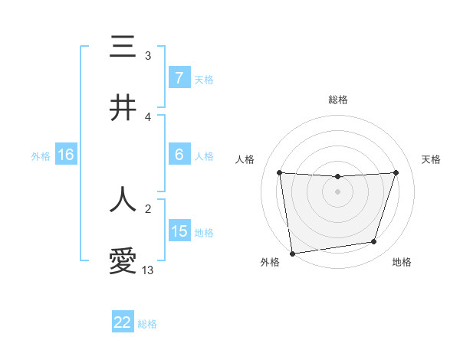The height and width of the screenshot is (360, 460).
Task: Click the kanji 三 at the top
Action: click(x=123, y=47)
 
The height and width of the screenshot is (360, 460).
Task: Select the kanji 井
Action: click(x=123, y=108)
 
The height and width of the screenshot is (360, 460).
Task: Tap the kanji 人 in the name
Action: click(x=123, y=199)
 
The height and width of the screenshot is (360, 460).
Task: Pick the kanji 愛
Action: click(x=123, y=261)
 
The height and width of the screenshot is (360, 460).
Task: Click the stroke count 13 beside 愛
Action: click(x=148, y=270)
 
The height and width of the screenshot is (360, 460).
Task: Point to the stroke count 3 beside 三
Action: click(x=148, y=56)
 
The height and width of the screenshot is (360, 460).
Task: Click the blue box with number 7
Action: click(x=179, y=78)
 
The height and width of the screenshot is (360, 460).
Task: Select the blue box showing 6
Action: click(x=179, y=155)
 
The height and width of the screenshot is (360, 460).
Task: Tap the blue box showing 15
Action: click(x=179, y=231)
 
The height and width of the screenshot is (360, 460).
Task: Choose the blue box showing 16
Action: click(x=66, y=155)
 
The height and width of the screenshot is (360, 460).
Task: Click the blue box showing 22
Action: click(x=123, y=322)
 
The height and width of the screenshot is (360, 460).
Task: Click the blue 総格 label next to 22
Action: click(x=147, y=324)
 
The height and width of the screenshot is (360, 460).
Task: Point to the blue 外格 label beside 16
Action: click(x=41, y=155)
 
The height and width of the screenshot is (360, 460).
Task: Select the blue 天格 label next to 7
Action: click(x=203, y=79)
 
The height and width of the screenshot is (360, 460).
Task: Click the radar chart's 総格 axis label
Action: click(x=337, y=100)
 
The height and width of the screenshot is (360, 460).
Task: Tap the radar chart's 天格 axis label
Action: click(x=431, y=159)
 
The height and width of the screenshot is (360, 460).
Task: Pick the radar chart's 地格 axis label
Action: click(x=402, y=263)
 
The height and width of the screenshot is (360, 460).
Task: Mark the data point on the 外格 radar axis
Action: click(x=292, y=253)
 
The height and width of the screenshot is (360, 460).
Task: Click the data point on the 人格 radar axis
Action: click(x=279, y=172)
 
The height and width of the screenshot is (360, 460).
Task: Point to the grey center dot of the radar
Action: click(x=337, y=191)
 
